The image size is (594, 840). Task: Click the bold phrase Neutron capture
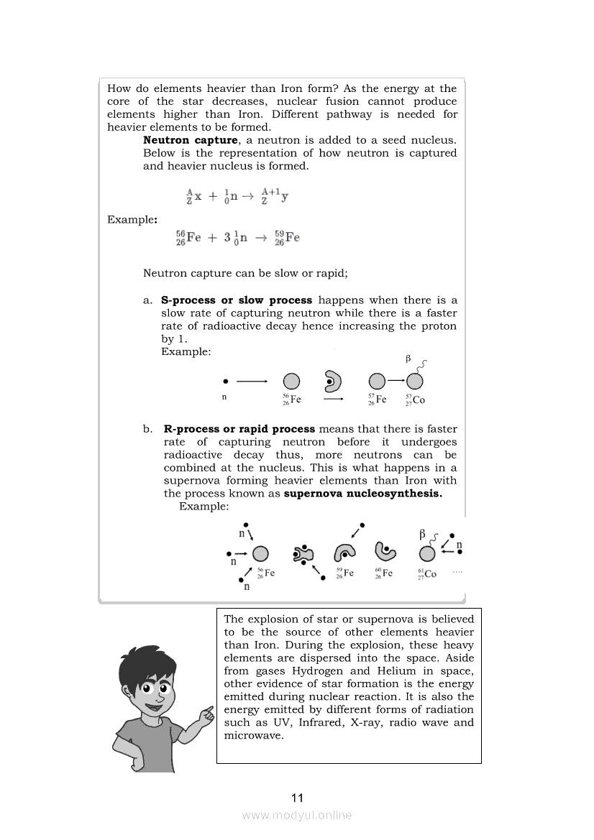tap(190, 140)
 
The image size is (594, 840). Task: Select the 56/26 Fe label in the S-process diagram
tap(291, 400)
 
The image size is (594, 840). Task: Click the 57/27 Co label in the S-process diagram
tap(415, 400)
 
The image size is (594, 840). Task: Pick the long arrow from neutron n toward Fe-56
tap(252, 381)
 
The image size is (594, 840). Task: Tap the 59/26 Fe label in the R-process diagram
tap(344, 573)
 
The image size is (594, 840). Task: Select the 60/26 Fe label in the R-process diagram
tap(383, 573)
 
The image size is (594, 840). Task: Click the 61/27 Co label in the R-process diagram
tap(426, 574)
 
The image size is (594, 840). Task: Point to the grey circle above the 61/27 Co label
tap(427, 553)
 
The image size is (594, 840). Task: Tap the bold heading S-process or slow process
tap(237, 300)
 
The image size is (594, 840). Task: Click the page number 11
tap(297, 798)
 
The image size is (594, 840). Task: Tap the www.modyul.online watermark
tap(297, 815)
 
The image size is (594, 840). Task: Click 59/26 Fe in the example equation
tap(288, 238)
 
